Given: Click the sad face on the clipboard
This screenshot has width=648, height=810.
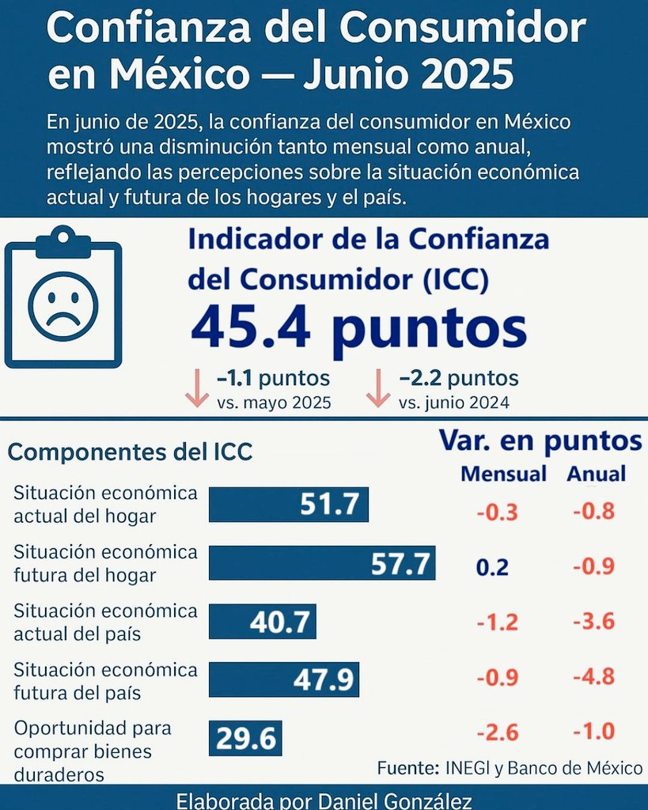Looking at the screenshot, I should pyautogui.click(x=63, y=306).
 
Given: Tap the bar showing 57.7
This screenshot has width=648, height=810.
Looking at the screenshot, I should pyautogui.click(x=322, y=564).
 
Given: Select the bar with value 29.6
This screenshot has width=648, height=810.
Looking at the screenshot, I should pyautogui.click(x=245, y=739).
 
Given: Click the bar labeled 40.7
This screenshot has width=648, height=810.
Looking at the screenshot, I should pyautogui.click(x=262, y=622).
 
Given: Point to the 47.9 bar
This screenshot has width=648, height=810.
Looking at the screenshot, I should pyautogui.click(x=283, y=680).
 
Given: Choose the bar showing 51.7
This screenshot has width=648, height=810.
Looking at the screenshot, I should pyautogui.click(x=289, y=505).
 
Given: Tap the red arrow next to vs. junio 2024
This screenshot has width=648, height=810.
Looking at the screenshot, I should pyautogui.click(x=378, y=388).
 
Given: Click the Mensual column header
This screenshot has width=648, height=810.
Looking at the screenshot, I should pyautogui.click(x=503, y=474).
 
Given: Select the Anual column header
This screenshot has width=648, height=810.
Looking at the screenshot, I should pyautogui.click(x=596, y=474).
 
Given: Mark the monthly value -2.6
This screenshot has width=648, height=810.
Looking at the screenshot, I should pyautogui.click(x=498, y=732).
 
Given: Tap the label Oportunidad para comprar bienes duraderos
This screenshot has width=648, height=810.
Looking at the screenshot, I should pyautogui.click(x=93, y=751).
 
